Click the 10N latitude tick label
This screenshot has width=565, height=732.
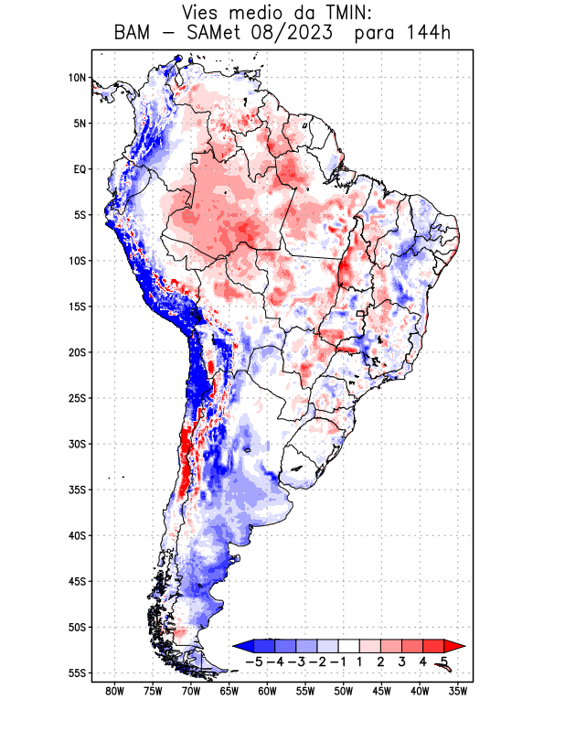77,78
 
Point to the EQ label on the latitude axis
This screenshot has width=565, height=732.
80,169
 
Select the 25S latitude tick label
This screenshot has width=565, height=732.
77,398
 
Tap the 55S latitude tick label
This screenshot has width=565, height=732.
77,673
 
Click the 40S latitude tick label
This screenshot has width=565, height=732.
77,535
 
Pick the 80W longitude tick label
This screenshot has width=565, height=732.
114,691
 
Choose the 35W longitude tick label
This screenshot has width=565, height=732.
459,691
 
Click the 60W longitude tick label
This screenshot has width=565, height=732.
268,691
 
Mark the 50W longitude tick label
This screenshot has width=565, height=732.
345,691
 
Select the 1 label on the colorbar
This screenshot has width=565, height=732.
360,661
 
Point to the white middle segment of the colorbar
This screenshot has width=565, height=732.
349,646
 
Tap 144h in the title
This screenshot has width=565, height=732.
429,35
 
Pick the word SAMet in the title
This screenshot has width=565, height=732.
226,35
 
